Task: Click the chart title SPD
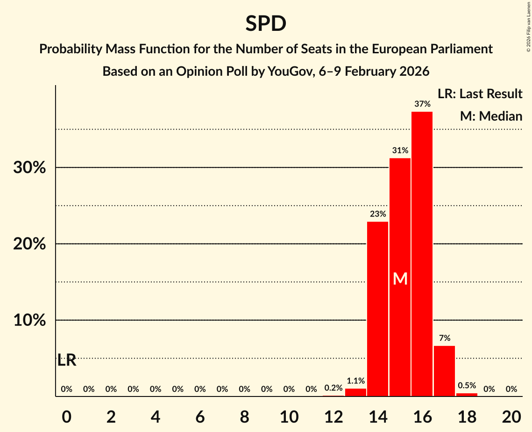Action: tap(266, 23)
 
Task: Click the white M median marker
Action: tap(400, 279)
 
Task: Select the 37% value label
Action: tap(422, 104)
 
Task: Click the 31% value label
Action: tap(400, 151)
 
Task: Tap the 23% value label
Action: tap(377, 214)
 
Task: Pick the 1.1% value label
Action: tap(355, 381)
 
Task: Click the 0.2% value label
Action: tap(333, 388)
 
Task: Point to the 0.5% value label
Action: tap(467, 386)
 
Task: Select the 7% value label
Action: tap(444, 338)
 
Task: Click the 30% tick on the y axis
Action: tap(29, 168)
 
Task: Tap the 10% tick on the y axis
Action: tap(29, 321)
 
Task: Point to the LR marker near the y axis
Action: tap(67, 360)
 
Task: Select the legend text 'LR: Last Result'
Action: tap(480, 94)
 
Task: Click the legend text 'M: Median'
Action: tap(491, 116)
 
